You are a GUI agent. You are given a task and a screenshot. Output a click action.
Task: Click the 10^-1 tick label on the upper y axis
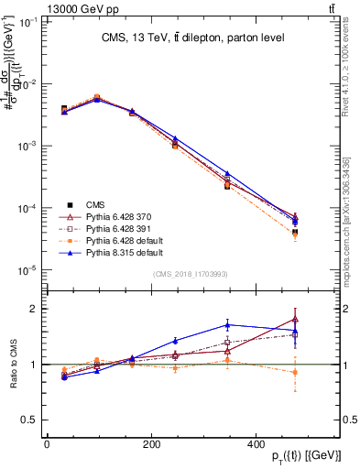(x=24, y=21)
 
